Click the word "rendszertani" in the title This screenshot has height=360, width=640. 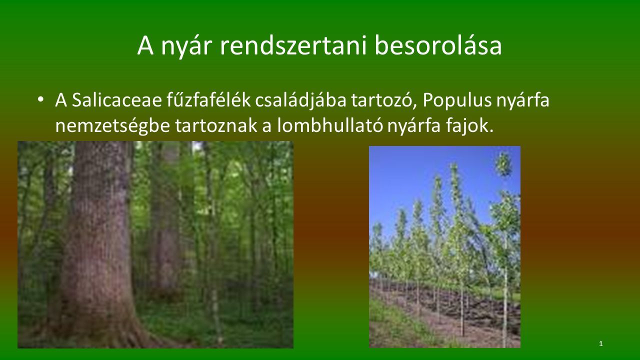[293, 45]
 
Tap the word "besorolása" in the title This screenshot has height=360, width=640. [438, 45]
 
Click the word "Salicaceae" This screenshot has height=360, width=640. [117, 100]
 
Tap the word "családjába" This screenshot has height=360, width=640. [300, 100]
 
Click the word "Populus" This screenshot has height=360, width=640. [457, 100]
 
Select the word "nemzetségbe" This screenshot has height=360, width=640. [112, 126]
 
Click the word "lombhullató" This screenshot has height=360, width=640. [330, 125]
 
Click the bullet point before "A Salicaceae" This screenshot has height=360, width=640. [40, 99]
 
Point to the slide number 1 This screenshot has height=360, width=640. [601, 343]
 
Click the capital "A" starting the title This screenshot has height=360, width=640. [145, 45]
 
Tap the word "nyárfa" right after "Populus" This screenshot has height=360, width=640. [522, 100]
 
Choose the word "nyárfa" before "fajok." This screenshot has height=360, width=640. [414, 126]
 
